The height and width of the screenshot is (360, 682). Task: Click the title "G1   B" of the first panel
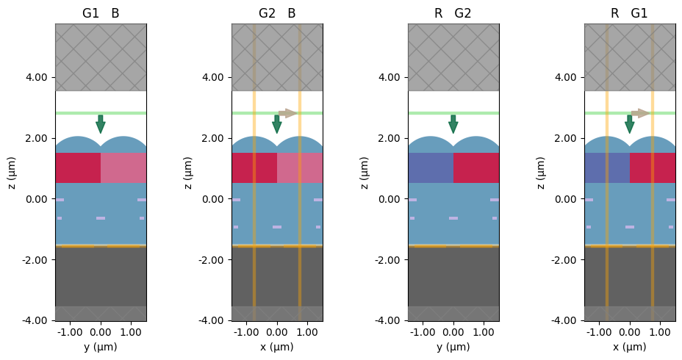[101, 13]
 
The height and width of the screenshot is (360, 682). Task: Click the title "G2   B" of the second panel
[277, 13]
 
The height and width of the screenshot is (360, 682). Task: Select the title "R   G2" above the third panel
[453, 13]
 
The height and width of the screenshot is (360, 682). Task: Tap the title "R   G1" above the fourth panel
[630, 13]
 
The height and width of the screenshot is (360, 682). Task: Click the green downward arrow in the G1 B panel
[101, 123]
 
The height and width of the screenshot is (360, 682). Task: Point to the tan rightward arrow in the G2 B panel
[287, 113]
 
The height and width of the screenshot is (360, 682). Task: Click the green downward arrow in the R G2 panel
[453, 123]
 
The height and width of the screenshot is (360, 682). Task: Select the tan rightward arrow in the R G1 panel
[640, 113]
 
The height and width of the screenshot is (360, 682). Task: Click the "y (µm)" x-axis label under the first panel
[101, 347]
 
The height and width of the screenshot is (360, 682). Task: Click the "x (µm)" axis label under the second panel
[277, 347]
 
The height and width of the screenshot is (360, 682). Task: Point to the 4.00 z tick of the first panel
[37, 77]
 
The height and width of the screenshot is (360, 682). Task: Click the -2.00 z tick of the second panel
[212, 259]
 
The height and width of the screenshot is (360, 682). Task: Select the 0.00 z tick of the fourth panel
[567, 199]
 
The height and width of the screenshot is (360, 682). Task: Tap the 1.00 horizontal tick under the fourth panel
[660, 332]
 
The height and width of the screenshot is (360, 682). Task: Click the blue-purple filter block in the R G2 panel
[431, 168]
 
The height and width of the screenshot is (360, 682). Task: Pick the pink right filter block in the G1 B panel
[123, 168]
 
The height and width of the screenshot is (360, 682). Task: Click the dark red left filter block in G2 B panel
[254, 168]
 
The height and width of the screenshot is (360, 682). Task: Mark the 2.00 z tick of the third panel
[390, 138]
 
